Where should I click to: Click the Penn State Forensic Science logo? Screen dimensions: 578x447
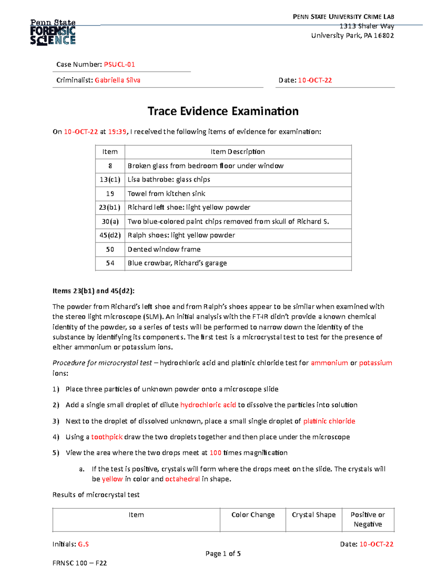53,33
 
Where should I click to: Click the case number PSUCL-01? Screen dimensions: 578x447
119,64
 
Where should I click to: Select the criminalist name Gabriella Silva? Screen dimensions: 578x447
117,80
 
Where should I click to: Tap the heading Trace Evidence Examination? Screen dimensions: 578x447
223,111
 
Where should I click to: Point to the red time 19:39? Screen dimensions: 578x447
117,131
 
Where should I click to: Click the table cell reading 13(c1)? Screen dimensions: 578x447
110,179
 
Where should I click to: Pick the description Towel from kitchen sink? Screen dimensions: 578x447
166,194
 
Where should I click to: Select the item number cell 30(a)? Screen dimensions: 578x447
110,221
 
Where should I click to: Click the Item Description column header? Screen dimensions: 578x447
238,151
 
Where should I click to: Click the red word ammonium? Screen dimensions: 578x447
329,363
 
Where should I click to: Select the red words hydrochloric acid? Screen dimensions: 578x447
208,405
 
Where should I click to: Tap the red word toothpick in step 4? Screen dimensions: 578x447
107,437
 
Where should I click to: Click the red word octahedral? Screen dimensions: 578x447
183,479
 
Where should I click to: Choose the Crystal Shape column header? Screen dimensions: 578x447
314,515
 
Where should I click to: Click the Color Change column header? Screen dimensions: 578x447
253,515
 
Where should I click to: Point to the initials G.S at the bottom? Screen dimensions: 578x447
83,544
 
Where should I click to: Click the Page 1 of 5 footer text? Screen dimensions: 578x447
223,553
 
